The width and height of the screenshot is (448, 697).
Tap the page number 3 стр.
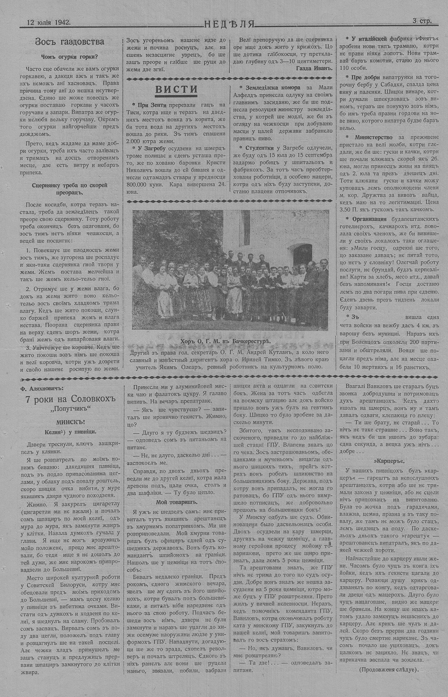tap(422, 21)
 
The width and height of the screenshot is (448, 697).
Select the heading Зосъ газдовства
tap(69, 42)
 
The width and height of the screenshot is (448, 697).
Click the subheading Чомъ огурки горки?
tap(69, 57)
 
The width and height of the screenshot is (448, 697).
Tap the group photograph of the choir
tap(230, 269)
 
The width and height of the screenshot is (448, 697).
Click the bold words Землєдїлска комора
tap(267, 89)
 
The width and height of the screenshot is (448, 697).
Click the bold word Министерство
tap(374, 137)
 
